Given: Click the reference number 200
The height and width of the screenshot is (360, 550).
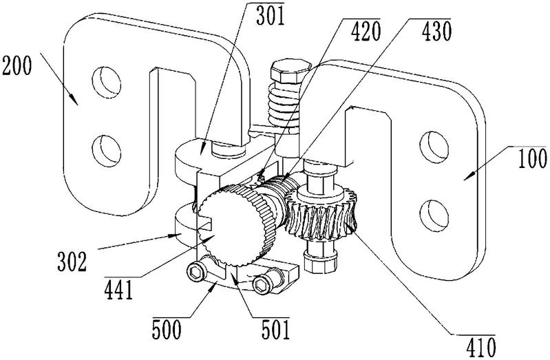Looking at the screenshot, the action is (x=17, y=66).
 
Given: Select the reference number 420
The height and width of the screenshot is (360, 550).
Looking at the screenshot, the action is (x=366, y=32).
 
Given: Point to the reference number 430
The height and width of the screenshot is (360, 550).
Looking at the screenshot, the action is (x=436, y=32).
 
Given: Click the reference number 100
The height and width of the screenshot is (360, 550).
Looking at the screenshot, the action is (x=532, y=159).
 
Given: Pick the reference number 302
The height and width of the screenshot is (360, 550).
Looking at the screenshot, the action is (x=72, y=262).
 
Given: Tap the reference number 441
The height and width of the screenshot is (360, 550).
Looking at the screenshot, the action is (x=118, y=290).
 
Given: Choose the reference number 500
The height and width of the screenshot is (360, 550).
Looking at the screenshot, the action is (x=167, y=329).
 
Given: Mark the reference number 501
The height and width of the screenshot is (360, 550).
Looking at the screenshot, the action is (x=276, y=329).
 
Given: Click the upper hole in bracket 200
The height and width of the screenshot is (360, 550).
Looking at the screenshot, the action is (x=106, y=82).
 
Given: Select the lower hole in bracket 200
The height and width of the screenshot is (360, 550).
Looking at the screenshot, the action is (x=106, y=151).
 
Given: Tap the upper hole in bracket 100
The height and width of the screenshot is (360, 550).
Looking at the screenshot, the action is (x=434, y=147).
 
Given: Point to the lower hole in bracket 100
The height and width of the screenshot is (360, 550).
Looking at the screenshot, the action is (x=434, y=215).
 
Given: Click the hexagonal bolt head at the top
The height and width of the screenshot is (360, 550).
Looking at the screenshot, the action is (x=290, y=71).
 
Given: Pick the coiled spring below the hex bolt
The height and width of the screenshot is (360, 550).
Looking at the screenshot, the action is (x=284, y=107).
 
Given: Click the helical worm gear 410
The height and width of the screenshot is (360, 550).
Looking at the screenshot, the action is (x=321, y=214).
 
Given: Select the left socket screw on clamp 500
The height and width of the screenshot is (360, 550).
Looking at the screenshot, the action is (x=195, y=271).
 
